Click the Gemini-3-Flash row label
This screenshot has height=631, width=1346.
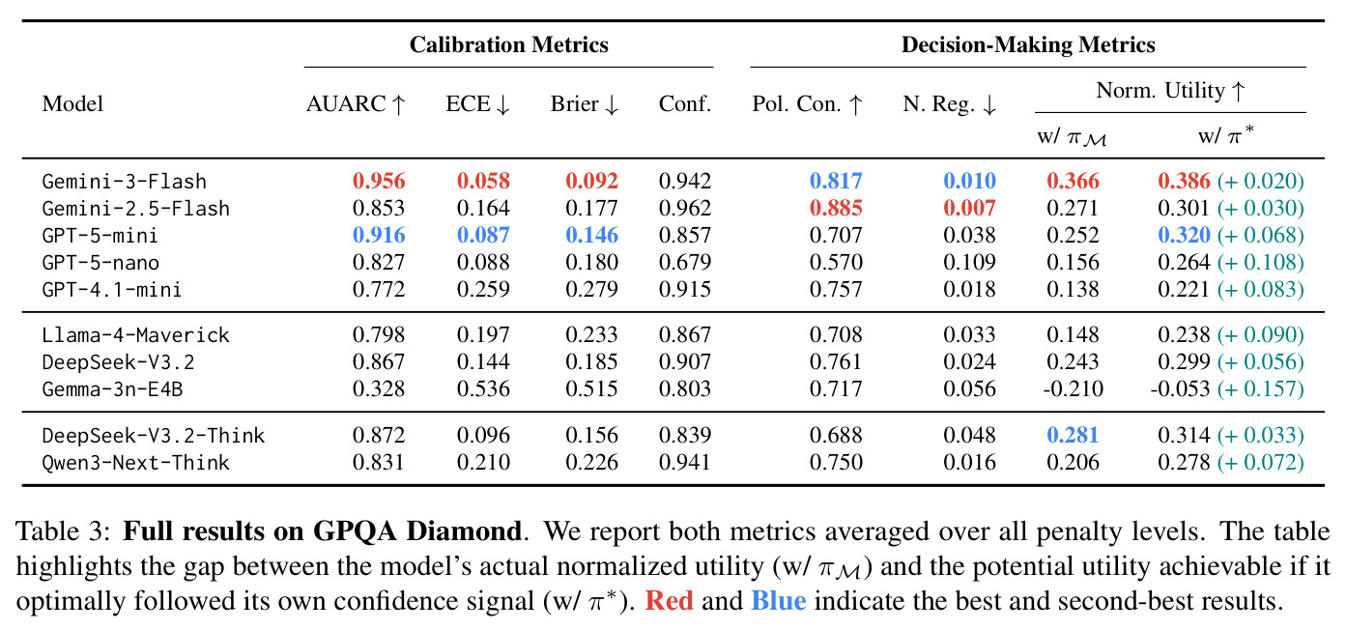coord(125,181)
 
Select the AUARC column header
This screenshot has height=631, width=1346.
coord(357,104)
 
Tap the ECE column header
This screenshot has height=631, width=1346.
coord(477,104)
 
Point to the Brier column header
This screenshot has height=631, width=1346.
coord(585,104)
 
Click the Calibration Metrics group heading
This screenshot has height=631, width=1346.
coord(509,44)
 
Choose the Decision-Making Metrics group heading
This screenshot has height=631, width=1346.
coord(1028,44)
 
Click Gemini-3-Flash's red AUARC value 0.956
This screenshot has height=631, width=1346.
coord(379,181)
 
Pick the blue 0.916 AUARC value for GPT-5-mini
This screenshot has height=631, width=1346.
coord(379,235)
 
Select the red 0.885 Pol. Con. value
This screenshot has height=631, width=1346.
coord(836,208)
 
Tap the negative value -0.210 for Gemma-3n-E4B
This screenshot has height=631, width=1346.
coord(1074,388)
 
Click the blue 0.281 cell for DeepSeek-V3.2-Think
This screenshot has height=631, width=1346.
coord(1073,435)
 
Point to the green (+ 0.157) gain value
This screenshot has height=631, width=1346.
coord(1261,388)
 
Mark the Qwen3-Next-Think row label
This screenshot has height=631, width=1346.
coord(136,463)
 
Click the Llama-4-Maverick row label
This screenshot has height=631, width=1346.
coord(136,334)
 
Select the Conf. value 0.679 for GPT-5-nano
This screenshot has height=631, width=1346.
coord(685,262)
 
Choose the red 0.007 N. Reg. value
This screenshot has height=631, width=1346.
coord(969,208)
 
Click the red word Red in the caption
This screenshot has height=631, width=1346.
coord(669,601)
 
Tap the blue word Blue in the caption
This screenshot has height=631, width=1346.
coord(778,601)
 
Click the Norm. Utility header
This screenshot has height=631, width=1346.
coord(1170,90)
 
